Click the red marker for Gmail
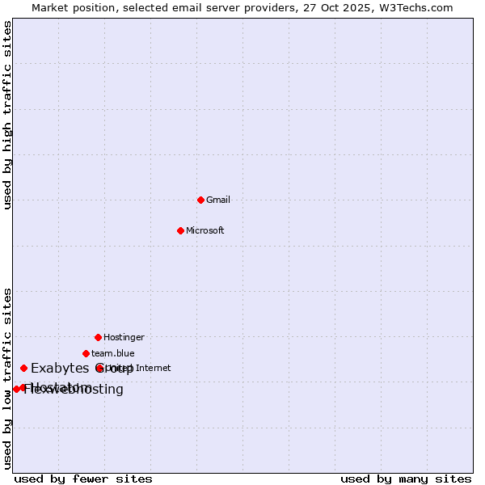click(x=200, y=200)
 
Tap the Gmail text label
click(x=218, y=200)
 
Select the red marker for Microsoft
click(x=180, y=230)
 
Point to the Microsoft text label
click(x=205, y=230)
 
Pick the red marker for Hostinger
click(x=98, y=337)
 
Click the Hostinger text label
click(x=124, y=337)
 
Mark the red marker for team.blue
click(x=86, y=353)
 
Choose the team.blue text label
click(x=113, y=353)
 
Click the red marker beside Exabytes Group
click(x=23, y=368)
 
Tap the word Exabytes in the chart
click(x=59, y=369)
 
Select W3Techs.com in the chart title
click(x=415, y=7)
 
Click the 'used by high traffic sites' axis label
click(x=8, y=115)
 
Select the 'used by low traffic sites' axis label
click(x=8, y=378)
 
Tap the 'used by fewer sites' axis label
click(x=83, y=479)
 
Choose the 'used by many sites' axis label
click(x=406, y=479)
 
